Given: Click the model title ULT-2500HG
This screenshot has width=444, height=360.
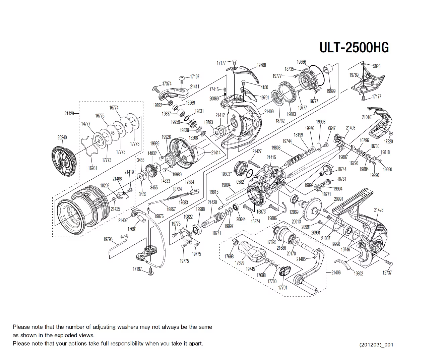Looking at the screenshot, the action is [x=354, y=47].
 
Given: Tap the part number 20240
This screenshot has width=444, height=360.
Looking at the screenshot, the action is [x=62, y=137].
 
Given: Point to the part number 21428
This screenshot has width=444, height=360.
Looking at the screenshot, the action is [x=378, y=210].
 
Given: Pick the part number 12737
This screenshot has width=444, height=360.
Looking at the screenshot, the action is [x=387, y=273].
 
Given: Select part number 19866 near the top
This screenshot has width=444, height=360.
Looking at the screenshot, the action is [x=301, y=62].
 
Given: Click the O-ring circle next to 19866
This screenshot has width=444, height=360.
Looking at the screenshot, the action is [x=317, y=74].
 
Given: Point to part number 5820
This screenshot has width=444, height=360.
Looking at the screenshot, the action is [x=377, y=66].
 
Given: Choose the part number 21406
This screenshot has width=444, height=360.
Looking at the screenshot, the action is [x=336, y=273].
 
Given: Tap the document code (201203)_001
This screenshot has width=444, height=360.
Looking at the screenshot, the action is [x=376, y=345].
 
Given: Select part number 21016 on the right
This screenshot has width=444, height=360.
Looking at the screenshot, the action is [x=366, y=117].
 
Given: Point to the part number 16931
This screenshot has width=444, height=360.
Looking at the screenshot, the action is [x=92, y=168].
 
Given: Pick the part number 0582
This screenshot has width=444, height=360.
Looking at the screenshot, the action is [x=240, y=182].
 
